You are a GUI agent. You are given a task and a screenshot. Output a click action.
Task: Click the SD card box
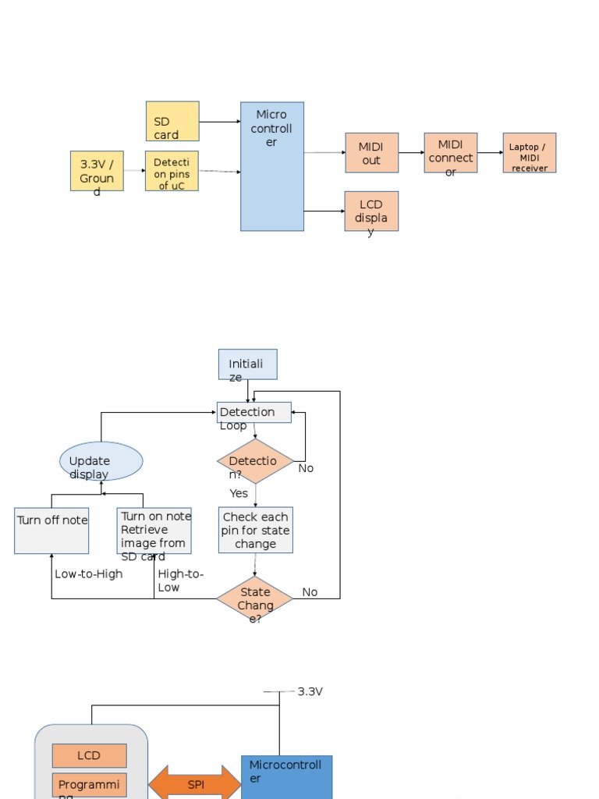172,121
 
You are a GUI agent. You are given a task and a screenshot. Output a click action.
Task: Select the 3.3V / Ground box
97,172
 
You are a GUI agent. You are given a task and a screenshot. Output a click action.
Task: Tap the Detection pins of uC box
172,172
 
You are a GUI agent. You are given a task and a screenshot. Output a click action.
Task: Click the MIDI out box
371,153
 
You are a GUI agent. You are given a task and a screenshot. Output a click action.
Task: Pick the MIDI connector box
450,153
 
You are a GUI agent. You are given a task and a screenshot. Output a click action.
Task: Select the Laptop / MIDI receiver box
529,153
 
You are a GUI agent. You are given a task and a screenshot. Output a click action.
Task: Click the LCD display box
371,211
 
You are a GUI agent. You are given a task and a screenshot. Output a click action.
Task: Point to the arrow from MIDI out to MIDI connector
411,153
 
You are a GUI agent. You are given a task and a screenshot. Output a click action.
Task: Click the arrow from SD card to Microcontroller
219,122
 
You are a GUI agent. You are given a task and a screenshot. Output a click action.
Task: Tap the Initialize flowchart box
247,364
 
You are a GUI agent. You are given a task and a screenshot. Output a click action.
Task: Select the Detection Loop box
253,413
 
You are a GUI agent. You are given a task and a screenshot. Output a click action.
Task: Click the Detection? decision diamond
255,461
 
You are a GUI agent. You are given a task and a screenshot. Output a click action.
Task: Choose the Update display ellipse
101,461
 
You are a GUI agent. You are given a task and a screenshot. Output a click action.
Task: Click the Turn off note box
51,531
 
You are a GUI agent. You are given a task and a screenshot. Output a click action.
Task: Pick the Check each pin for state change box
255,531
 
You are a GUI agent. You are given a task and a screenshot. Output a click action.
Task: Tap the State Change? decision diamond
254,599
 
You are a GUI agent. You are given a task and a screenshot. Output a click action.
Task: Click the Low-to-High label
89,574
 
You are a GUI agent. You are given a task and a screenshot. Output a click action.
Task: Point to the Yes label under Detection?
239,493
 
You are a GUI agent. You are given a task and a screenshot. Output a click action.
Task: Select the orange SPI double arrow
195,783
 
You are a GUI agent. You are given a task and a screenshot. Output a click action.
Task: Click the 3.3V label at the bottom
310,691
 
